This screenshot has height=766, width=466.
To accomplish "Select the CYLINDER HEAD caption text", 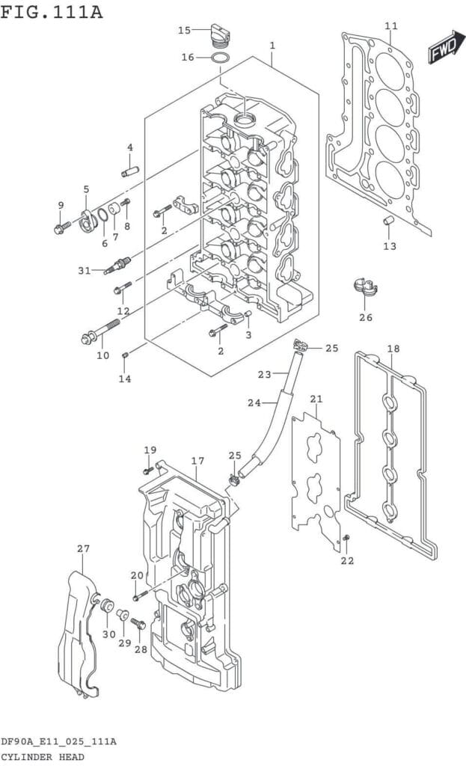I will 42,756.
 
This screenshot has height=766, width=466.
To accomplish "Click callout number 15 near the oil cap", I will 185,30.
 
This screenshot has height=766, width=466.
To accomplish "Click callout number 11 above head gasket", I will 391,26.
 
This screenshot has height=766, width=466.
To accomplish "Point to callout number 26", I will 365,316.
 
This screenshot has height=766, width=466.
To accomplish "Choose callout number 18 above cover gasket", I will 393,349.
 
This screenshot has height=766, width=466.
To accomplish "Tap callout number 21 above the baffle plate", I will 316,398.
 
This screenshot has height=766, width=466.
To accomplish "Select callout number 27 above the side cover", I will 83,548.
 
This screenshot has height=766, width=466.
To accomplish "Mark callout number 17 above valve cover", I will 197,461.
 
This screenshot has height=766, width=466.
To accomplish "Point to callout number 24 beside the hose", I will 254,402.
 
